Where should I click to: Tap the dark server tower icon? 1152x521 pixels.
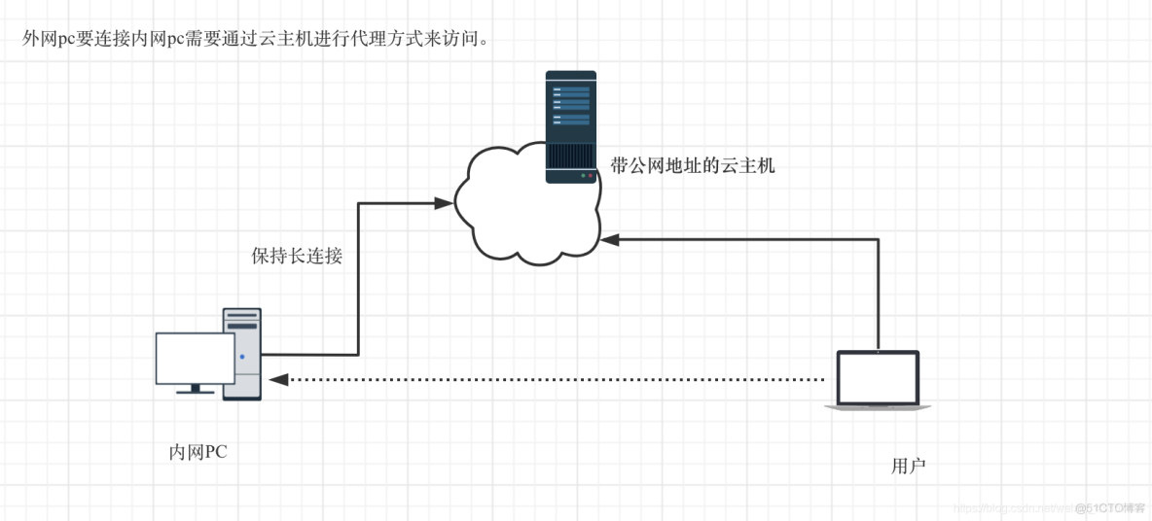pyautogui.click(x=570, y=126)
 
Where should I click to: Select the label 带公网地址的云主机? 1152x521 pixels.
pyautogui.click(x=692, y=165)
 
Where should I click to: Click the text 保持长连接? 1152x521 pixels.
pyautogui.click(x=297, y=257)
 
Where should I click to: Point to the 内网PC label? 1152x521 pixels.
pyautogui.click(x=198, y=452)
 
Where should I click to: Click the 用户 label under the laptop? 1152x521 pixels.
pyautogui.click(x=908, y=467)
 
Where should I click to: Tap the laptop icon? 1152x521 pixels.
pyautogui.click(x=878, y=379)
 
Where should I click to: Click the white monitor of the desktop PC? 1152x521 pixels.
pyautogui.click(x=195, y=359)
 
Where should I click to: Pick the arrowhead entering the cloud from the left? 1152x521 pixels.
pyautogui.click(x=443, y=203)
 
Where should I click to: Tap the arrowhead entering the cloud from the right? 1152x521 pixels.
pyautogui.click(x=610, y=238)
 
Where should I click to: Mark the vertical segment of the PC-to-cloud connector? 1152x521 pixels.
pyautogui.click(x=358, y=282)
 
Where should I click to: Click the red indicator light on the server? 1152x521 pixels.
pyautogui.click(x=590, y=176)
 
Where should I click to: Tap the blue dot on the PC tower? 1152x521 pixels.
pyautogui.click(x=242, y=358)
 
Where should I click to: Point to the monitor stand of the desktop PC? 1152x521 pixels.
pyautogui.click(x=195, y=390)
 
